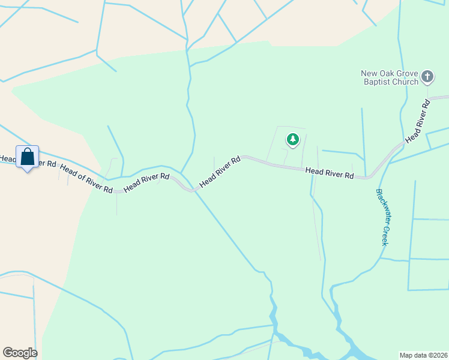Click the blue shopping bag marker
point(27,157)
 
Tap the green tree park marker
point(292,140)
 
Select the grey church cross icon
point(427,77)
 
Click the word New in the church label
point(369,74)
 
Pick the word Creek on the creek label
point(385,235)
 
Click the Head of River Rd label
point(86,179)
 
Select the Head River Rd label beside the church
point(418,122)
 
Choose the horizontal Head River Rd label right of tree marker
point(329,173)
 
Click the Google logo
point(20,353)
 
